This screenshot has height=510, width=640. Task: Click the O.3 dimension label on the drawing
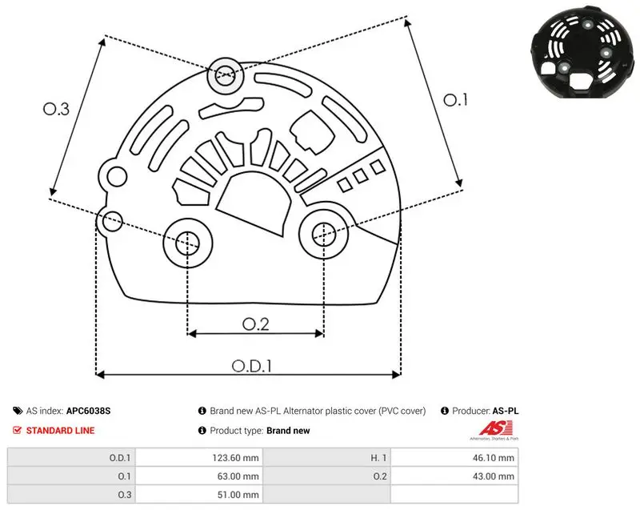pyautogui.click(x=56, y=109)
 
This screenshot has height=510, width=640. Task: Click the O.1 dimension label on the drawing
pyautogui.click(x=455, y=100)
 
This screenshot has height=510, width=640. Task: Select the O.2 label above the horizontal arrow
pyautogui.click(x=256, y=324)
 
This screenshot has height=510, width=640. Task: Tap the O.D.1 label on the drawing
pyautogui.click(x=252, y=366)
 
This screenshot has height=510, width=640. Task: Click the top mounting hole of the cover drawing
pyautogui.click(x=226, y=75)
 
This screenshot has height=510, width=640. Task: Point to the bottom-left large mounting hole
pyautogui.click(x=188, y=243)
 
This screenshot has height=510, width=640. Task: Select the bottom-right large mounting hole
pyautogui.click(x=324, y=235)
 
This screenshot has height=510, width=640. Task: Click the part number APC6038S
pyautogui.click(x=88, y=411)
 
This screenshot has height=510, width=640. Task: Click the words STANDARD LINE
pyautogui.click(x=61, y=431)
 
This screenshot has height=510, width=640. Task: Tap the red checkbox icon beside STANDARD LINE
pyautogui.click(x=17, y=430)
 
